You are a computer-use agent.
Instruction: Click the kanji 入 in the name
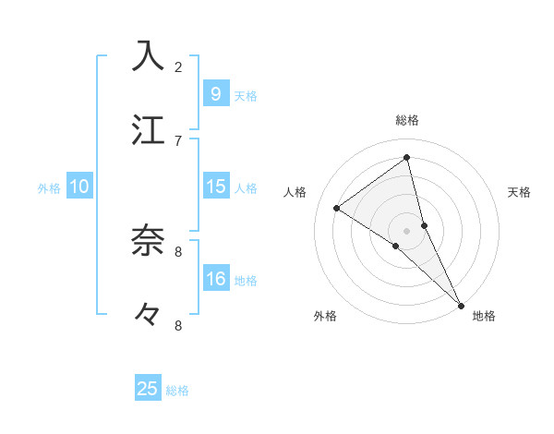148,56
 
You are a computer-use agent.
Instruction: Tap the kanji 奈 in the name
148,241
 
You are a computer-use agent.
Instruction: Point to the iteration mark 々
148,315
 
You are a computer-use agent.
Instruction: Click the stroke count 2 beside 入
178,66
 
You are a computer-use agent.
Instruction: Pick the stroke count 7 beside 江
178,140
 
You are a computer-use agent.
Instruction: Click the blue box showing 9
215,93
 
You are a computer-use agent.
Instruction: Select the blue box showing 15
215,187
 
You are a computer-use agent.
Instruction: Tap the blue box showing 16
215,279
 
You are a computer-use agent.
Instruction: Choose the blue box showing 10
79,187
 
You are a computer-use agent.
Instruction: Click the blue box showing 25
148,389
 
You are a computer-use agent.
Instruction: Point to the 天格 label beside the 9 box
246,95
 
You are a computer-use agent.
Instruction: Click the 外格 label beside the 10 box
49,187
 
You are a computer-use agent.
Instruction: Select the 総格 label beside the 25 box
178,391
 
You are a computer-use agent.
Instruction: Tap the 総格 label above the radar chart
407,120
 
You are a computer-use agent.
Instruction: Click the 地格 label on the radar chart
484,316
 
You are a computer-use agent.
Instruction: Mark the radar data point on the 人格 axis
336,208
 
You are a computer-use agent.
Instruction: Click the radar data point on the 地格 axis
461,304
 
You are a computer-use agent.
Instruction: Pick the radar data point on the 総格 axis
407,158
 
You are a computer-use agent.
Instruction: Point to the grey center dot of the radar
407,230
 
